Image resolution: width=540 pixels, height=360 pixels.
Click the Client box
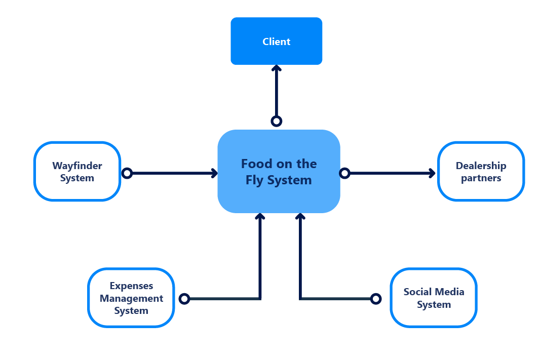[x=276, y=41]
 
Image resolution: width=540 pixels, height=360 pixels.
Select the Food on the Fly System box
[x=279, y=171]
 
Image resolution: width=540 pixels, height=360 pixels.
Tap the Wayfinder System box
[x=77, y=172]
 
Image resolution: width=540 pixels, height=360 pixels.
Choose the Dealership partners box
[x=481, y=172]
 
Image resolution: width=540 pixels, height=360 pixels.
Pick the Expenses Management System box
[x=131, y=298]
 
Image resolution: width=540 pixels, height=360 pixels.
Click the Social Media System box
[x=433, y=298]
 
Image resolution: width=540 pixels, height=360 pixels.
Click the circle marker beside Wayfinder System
[x=127, y=174]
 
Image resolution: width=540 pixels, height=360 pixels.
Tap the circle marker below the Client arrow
[x=276, y=121]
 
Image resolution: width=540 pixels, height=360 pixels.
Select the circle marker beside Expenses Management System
[x=184, y=299]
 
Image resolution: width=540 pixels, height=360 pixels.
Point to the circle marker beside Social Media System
[x=375, y=299]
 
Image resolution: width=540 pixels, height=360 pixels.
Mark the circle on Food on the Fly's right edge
[x=344, y=174]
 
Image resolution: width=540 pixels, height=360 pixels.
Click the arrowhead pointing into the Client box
[x=276, y=69]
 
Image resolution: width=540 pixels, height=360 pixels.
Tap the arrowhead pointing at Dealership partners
[x=432, y=174]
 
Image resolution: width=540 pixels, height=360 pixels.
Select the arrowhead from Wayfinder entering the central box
[x=214, y=174]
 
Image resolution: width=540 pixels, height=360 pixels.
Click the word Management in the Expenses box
[x=131, y=298]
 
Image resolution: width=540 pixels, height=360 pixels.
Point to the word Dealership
[x=481, y=166]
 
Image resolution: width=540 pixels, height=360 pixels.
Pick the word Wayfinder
[x=77, y=166]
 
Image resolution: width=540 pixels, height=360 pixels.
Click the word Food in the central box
[x=253, y=164]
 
